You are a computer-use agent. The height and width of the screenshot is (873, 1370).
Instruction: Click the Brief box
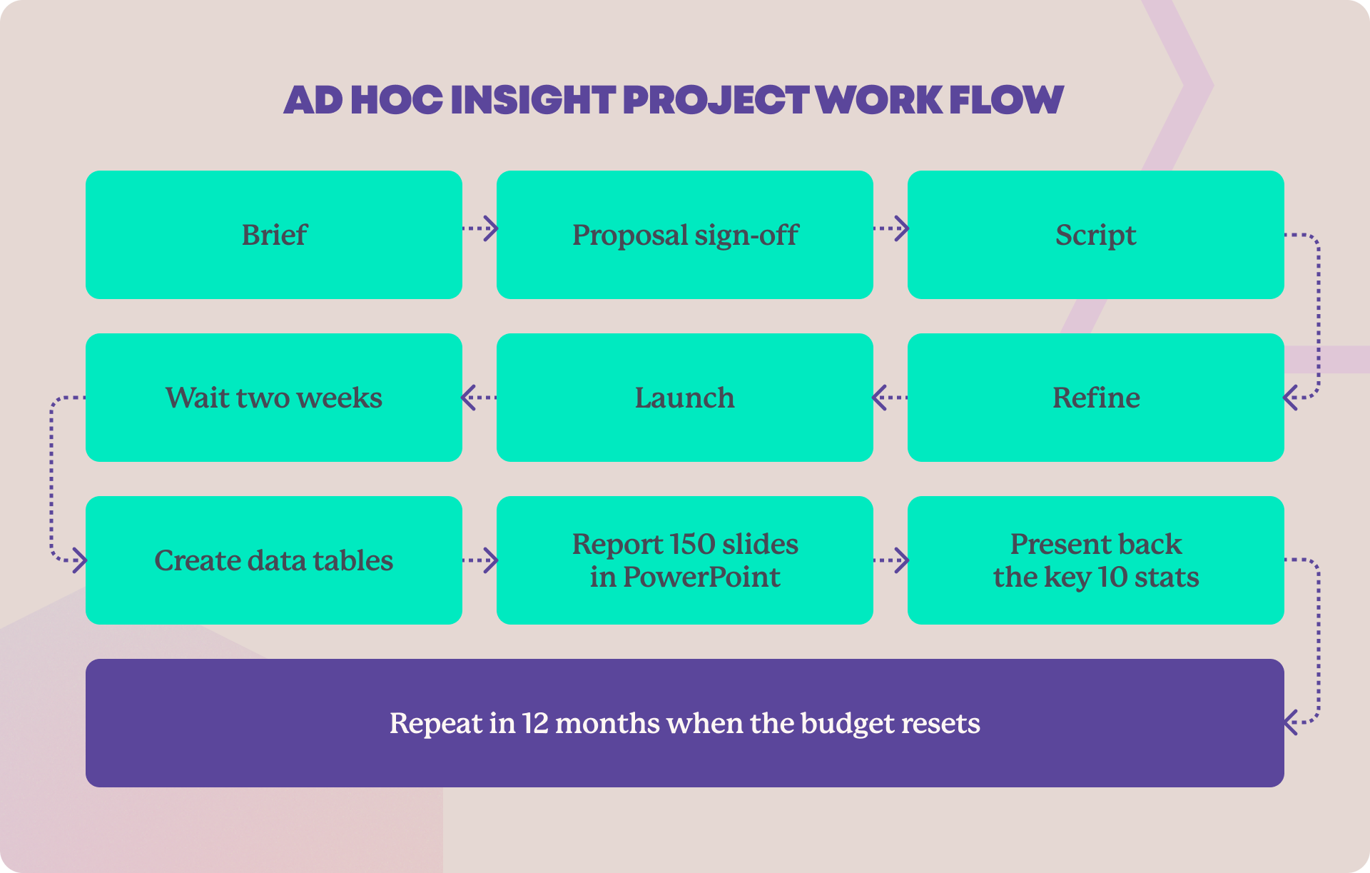(x=274, y=235)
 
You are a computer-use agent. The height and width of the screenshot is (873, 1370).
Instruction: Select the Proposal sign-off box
(x=685, y=235)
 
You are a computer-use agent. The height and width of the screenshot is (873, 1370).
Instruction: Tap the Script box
(x=1096, y=235)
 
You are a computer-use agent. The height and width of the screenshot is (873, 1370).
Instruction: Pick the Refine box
(x=1096, y=398)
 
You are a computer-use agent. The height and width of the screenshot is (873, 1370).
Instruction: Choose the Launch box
(x=685, y=398)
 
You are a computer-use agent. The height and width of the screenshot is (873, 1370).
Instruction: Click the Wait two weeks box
(x=274, y=398)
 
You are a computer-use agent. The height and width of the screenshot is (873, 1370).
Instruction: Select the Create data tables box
(x=274, y=560)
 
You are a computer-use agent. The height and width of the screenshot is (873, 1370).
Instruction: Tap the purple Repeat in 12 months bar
(x=685, y=723)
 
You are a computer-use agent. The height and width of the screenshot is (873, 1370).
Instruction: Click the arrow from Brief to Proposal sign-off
(x=480, y=228)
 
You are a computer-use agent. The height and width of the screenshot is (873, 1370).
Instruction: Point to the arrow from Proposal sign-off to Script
(x=891, y=228)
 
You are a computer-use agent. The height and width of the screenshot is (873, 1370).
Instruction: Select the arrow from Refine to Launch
(x=890, y=398)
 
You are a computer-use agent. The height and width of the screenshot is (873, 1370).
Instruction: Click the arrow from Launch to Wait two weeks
(x=479, y=398)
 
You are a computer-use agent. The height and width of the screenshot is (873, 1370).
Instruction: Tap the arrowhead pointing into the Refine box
(x=1290, y=398)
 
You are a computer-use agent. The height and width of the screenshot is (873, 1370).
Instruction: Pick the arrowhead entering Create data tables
(x=80, y=560)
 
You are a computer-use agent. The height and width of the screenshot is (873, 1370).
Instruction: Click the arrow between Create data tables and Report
(x=480, y=560)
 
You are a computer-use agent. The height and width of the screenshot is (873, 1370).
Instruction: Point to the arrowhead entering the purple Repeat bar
(x=1290, y=722)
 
